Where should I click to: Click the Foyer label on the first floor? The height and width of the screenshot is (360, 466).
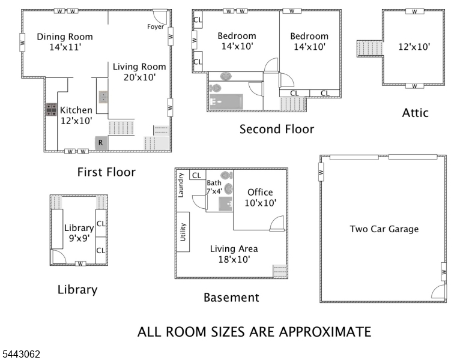point(156,27)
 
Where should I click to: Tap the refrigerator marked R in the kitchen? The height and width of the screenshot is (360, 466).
point(101,143)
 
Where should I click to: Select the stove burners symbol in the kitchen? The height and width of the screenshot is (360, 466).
point(51,110)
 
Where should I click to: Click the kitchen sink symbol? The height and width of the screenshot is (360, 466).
point(103,97)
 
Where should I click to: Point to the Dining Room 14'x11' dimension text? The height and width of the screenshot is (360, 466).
point(65,47)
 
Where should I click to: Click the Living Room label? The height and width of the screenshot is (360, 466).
point(139,67)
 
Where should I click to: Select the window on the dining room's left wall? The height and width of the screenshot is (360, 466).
point(22,42)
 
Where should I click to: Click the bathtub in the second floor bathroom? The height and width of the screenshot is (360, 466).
point(226,101)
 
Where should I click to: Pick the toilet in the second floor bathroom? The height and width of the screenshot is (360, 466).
point(215,88)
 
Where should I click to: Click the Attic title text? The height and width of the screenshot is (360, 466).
point(415,113)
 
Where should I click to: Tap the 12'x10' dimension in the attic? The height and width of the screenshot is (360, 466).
point(414,47)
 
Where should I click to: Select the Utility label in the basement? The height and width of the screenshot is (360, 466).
point(183,232)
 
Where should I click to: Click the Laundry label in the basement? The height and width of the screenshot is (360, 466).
point(180,185)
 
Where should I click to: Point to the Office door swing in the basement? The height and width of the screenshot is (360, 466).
point(277,223)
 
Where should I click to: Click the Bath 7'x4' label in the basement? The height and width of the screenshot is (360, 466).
point(214,187)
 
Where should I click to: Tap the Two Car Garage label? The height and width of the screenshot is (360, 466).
point(384,229)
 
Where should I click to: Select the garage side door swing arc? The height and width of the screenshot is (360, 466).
point(438,292)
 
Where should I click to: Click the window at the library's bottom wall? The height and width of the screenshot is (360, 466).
point(80,264)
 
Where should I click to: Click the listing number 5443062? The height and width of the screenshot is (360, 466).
point(21,354)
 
